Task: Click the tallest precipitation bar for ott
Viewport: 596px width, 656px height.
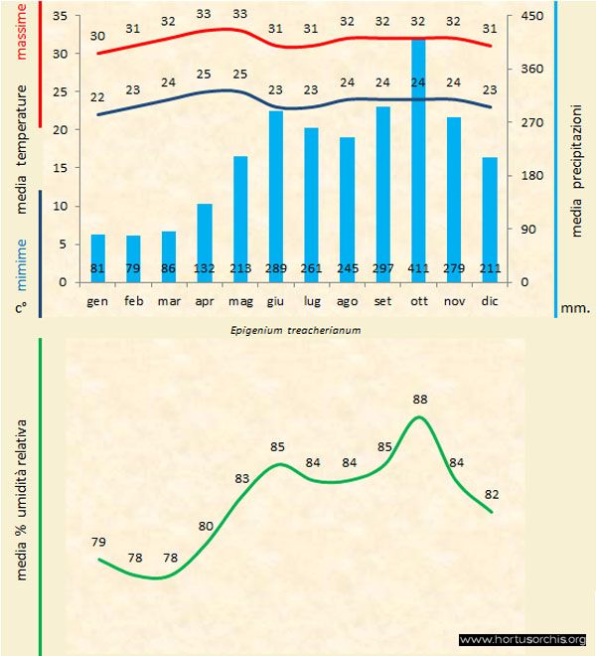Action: coord(418,159)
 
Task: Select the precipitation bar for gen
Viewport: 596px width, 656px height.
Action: coord(97,257)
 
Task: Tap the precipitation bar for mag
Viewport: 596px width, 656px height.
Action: coord(239,219)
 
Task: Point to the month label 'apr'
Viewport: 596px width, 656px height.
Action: coord(205,299)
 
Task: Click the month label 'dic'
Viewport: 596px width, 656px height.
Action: coord(490,299)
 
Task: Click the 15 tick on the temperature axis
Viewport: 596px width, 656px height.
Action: coord(61,168)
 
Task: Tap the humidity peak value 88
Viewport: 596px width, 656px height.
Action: coord(420,400)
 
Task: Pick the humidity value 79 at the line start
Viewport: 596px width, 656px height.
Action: coord(98,542)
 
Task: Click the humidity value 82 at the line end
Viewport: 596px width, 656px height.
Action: coord(491,494)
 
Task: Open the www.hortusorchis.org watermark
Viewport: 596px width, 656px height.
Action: coord(523,639)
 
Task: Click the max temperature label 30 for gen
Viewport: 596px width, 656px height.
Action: coord(97,37)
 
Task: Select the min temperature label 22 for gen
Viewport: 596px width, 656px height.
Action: coord(97,97)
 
